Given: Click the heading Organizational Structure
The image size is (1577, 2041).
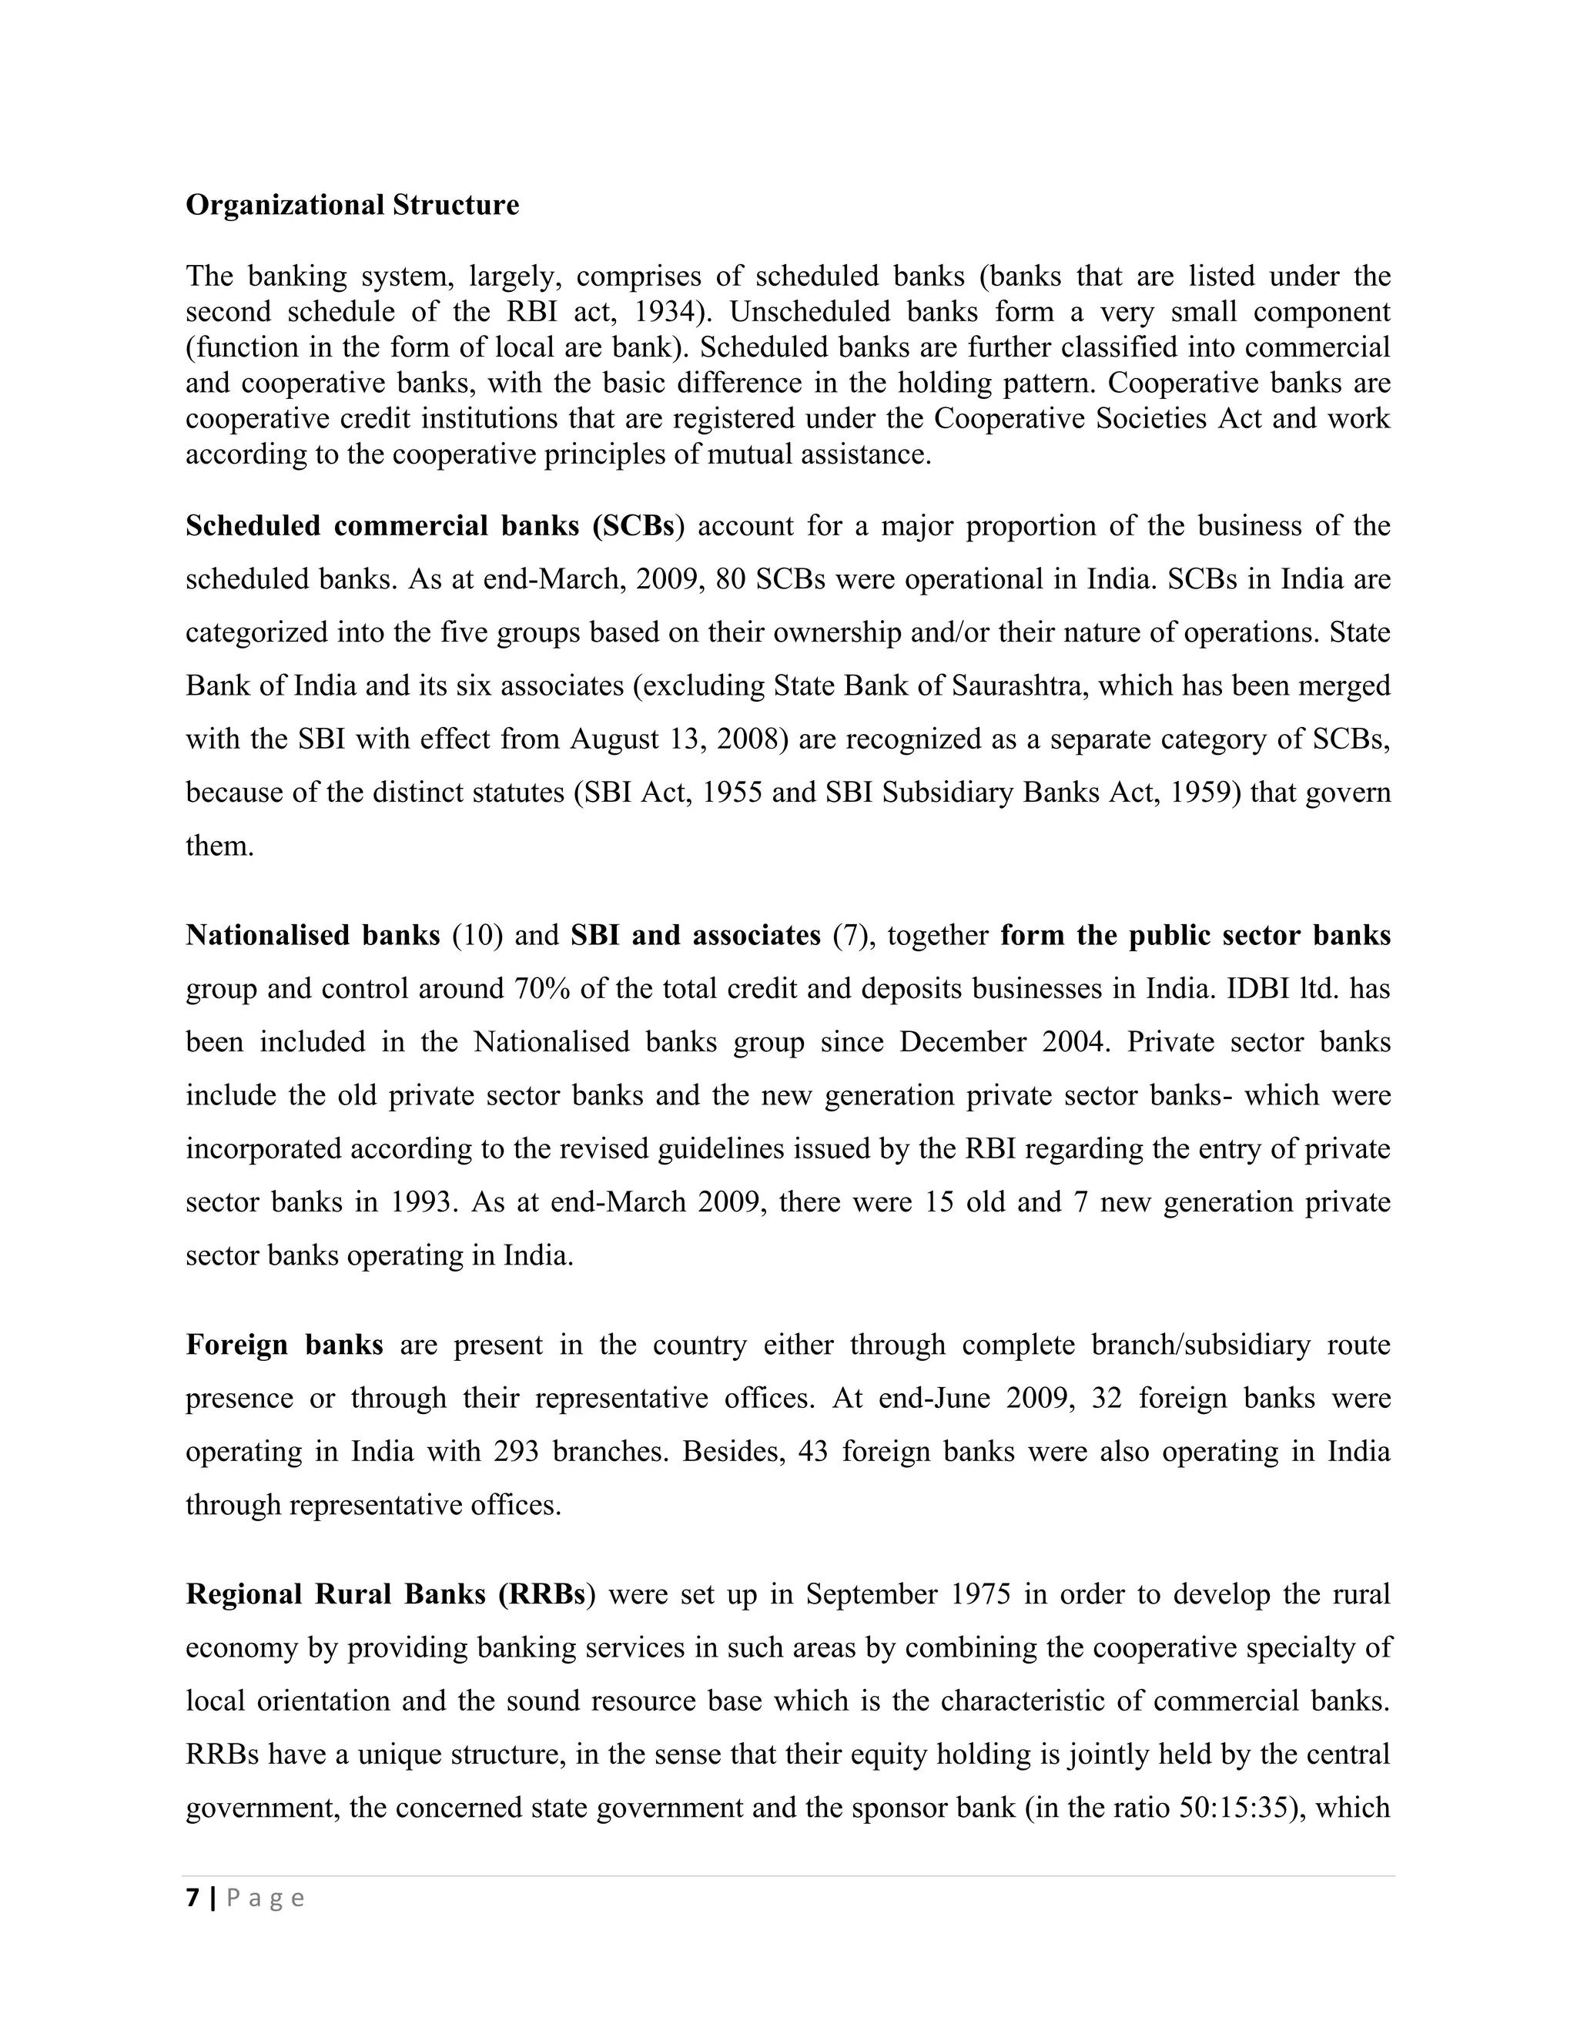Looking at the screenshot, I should click(352, 206).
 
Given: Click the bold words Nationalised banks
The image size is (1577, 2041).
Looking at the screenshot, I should click(312, 936).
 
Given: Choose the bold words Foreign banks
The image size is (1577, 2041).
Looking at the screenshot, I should click(284, 1346).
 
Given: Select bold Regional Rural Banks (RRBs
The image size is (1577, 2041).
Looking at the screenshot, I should click(386, 1595).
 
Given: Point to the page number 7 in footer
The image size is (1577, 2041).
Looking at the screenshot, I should click(193, 1898).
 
